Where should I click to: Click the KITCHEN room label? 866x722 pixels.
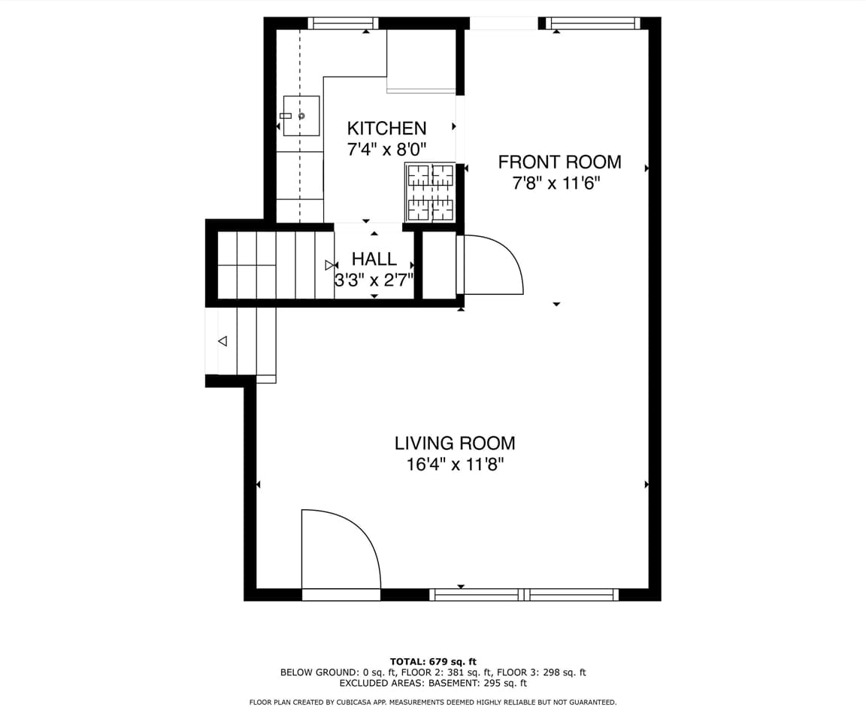[386, 128]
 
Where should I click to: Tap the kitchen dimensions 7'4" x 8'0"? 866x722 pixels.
[386, 149]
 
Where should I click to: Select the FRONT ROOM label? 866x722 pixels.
[559, 162]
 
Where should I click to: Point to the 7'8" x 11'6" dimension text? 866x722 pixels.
[556, 183]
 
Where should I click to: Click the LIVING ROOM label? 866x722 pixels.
[455, 443]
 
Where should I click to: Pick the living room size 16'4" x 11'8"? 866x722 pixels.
[455, 464]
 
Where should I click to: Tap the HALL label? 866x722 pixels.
[374, 259]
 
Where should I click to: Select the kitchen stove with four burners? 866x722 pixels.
[431, 193]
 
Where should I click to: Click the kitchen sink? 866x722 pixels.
[301, 116]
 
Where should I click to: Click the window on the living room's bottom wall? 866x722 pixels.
[524, 595]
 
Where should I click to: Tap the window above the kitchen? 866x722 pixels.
[344, 23]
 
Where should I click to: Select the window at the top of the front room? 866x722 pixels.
[594, 23]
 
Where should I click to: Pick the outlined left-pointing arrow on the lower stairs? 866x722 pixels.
[223, 341]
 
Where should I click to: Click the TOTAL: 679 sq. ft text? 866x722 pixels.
[433, 662]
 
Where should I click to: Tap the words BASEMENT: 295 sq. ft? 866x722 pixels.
[477, 683]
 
